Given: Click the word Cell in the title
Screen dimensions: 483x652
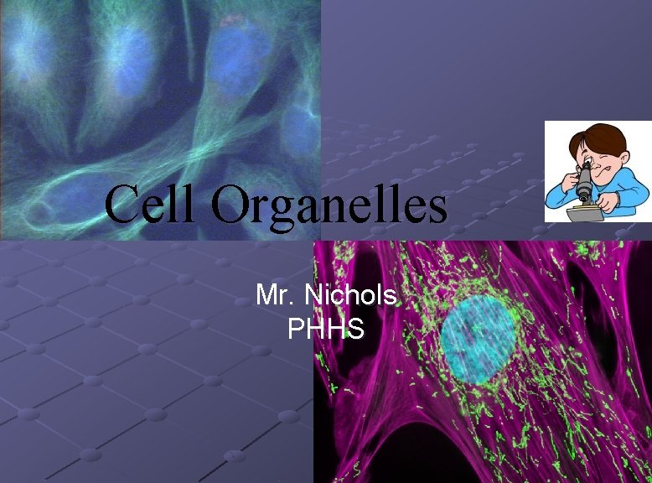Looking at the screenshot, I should point(152,205).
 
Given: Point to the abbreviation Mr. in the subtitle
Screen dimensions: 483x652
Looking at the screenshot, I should point(275,295).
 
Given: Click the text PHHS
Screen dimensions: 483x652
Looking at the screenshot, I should point(326,329).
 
